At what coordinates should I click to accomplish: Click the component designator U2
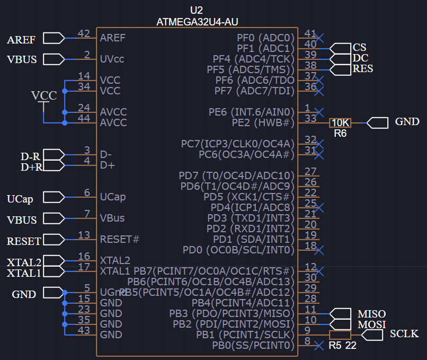196,10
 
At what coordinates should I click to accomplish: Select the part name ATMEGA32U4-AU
196,22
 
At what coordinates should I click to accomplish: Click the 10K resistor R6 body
340,123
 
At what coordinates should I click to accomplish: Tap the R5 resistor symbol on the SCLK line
340,335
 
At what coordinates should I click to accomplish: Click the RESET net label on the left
24,241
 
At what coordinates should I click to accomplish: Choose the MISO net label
371,314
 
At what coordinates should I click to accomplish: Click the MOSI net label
371,324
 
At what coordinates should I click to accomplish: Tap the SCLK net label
404,334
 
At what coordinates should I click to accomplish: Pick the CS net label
359,48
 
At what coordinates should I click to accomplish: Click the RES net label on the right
363,69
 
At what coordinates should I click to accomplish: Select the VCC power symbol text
44,96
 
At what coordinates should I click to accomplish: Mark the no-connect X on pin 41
319,38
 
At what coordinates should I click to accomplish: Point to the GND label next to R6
407,122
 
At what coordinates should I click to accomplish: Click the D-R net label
31,157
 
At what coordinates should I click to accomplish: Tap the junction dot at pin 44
65,123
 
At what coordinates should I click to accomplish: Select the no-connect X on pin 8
319,346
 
